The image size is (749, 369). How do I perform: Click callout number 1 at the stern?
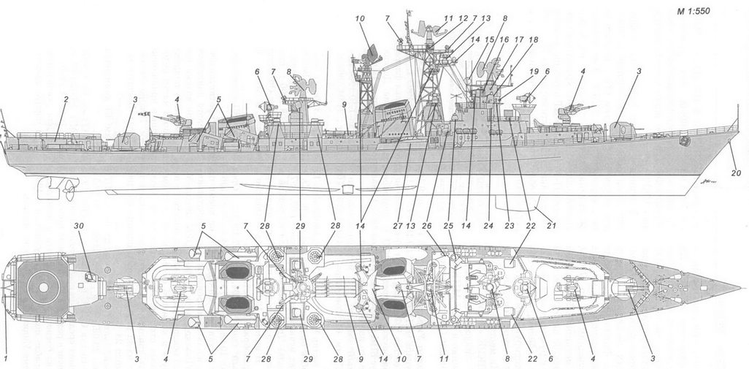[6, 357]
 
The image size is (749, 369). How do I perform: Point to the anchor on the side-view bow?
[685, 141]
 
